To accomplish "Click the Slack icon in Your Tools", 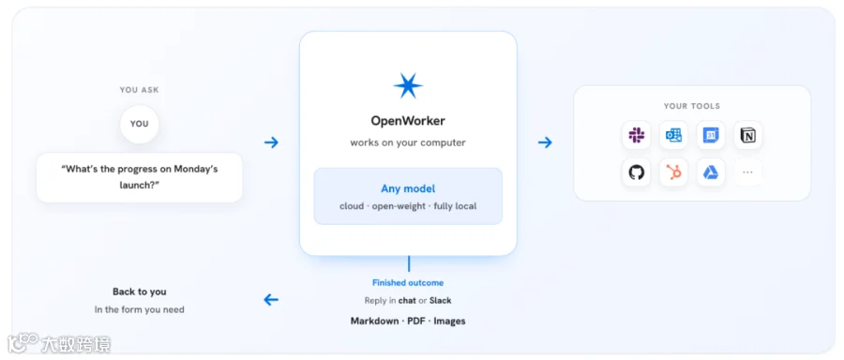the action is tap(636, 135).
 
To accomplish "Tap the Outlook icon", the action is tap(673, 135).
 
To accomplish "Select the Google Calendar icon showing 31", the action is tap(711, 135).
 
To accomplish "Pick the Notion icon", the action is tap(747, 136).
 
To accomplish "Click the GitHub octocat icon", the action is tap(636, 172).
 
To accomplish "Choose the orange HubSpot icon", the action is tap(673, 172).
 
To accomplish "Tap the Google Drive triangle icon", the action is tap(711, 172).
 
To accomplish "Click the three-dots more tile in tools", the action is tap(747, 172).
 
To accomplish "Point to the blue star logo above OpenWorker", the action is tap(408, 85).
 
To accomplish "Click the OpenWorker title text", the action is tap(408, 121).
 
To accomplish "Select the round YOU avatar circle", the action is tap(140, 124).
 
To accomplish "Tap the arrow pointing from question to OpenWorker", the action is tap(271, 142).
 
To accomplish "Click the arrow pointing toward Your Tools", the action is tap(545, 142).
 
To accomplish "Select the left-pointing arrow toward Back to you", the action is tap(271, 300).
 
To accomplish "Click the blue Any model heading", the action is tap(408, 188).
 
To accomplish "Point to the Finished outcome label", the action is tap(408, 282).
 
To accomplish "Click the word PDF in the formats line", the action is tap(416, 322).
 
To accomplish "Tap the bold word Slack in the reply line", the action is tap(441, 300).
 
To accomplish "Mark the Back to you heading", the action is tap(140, 292).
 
